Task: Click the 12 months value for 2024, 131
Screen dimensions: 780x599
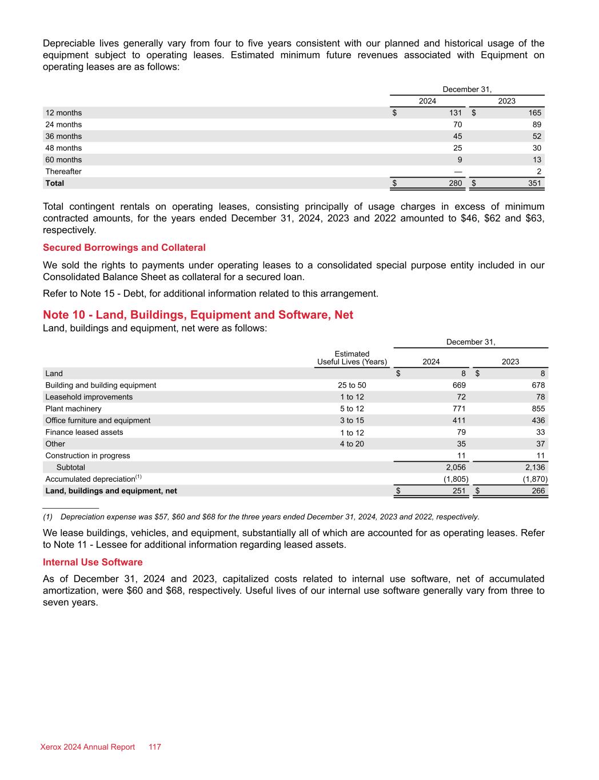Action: tap(455, 113)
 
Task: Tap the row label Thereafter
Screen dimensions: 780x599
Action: tap(63, 171)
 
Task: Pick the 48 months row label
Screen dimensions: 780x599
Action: tap(63, 148)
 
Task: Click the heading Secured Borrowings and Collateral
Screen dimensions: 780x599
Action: tap(124, 247)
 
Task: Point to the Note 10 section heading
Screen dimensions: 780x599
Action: tap(198, 315)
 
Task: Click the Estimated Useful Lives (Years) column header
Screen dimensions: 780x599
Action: tap(352, 358)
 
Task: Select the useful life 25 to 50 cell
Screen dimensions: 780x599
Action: tap(352, 385)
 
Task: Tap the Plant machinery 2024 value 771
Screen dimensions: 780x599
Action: tap(458, 409)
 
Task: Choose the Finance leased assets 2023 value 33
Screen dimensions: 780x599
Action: tap(540, 432)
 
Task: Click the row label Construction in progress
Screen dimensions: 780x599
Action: tap(87, 455)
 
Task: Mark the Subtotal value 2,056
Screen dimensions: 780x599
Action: tap(456, 467)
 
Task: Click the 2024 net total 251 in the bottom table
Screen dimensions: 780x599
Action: tap(458, 491)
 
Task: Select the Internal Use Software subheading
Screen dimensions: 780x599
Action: tap(93, 562)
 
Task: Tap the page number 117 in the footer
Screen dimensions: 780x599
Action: tap(155, 747)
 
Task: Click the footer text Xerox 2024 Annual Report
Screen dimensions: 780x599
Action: tap(87, 747)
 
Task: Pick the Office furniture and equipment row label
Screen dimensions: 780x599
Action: tap(98, 421)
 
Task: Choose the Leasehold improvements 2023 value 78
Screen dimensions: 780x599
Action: tap(540, 397)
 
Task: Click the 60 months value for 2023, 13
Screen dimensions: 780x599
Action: tap(537, 160)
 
